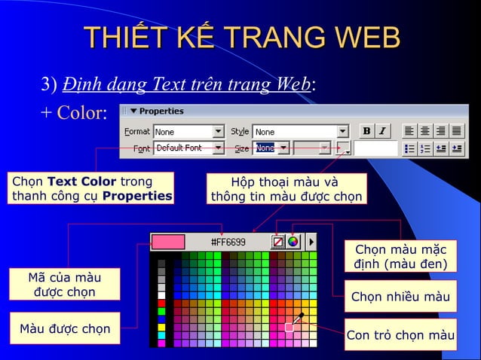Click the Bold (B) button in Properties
tap(366, 131)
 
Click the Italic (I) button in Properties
tap(382, 131)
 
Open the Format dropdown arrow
tap(219, 132)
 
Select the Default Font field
tap(182, 148)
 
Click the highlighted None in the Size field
tap(265, 148)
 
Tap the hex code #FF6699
tap(228, 242)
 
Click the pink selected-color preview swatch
tap(168, 242)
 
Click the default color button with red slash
tap(277, 242)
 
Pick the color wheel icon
tap(293, 242)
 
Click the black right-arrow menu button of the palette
tap(311, 242)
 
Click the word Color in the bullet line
tap(82, 113)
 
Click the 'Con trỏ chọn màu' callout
tap(400, 335)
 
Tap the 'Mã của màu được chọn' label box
tap(64, 285)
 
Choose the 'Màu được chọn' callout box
tap(65, 328)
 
